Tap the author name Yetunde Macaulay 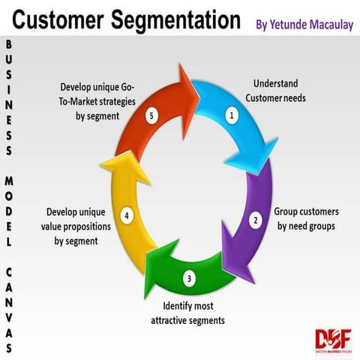click(x=304, y=24)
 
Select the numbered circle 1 click(x=232, y=115)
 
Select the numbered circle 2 click(x=255, y=220)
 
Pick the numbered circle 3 click(x=189, y=278)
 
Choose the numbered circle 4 click(x=127, y=216)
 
